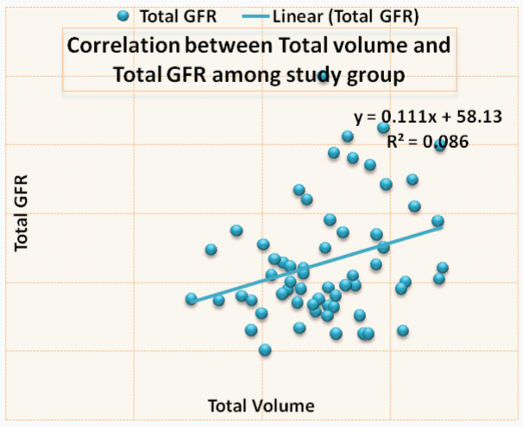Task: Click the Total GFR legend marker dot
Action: pos(123,16)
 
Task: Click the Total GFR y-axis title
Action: pos(22,212)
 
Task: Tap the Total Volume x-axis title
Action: pos(261,405)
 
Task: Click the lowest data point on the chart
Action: pos(265,349)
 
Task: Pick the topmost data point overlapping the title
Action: pos(324,76)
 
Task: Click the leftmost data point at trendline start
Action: pos(192,299)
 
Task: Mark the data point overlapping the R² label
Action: pos(439,145)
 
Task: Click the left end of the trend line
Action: pos(195,301)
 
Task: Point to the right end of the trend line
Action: pos(442,226)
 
